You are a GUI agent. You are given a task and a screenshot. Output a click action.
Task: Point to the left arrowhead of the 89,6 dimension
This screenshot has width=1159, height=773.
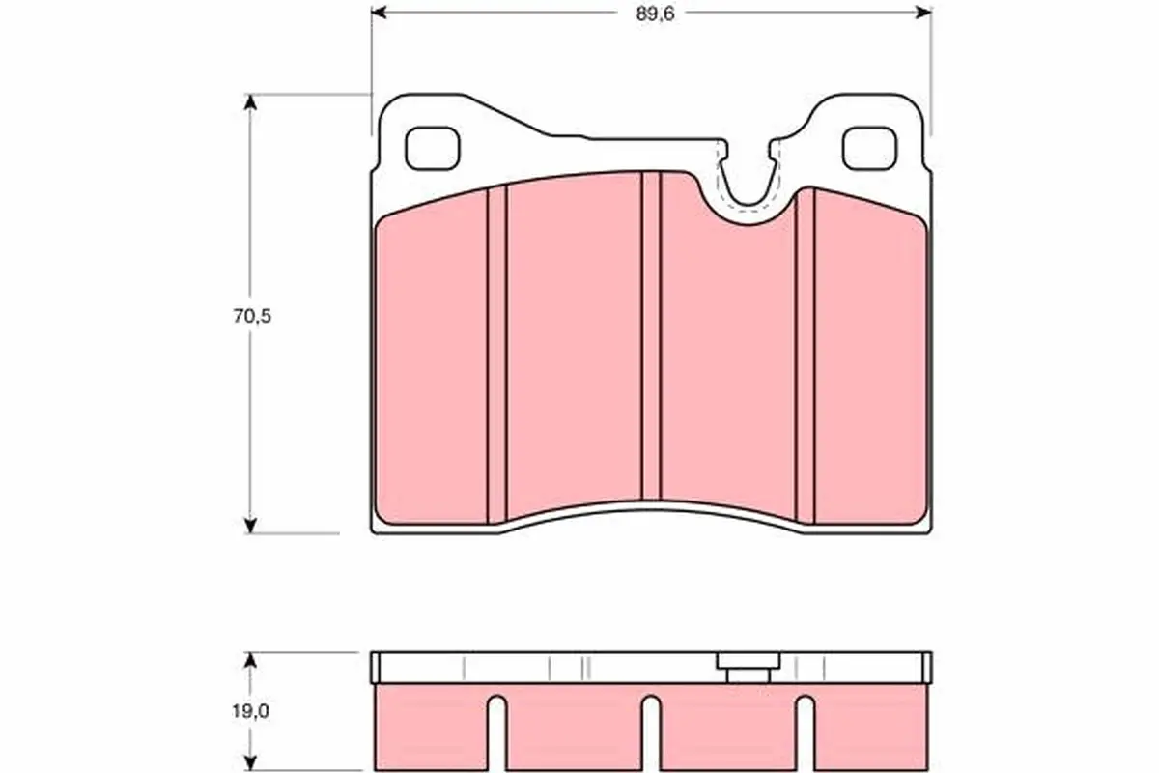pos(379,13)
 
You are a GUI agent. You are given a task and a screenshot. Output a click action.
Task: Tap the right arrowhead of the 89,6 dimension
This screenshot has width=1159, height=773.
pos(924,13)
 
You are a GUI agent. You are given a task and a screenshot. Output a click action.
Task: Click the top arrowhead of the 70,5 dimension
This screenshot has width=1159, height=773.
pos(251,101)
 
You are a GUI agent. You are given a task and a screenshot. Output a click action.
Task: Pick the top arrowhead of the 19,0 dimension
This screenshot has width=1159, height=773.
pos(251,660)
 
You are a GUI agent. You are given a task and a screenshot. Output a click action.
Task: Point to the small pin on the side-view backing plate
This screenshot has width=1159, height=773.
pos(747,668)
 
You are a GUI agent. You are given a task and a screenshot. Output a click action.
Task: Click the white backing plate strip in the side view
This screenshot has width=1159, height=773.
pos(541,668)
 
